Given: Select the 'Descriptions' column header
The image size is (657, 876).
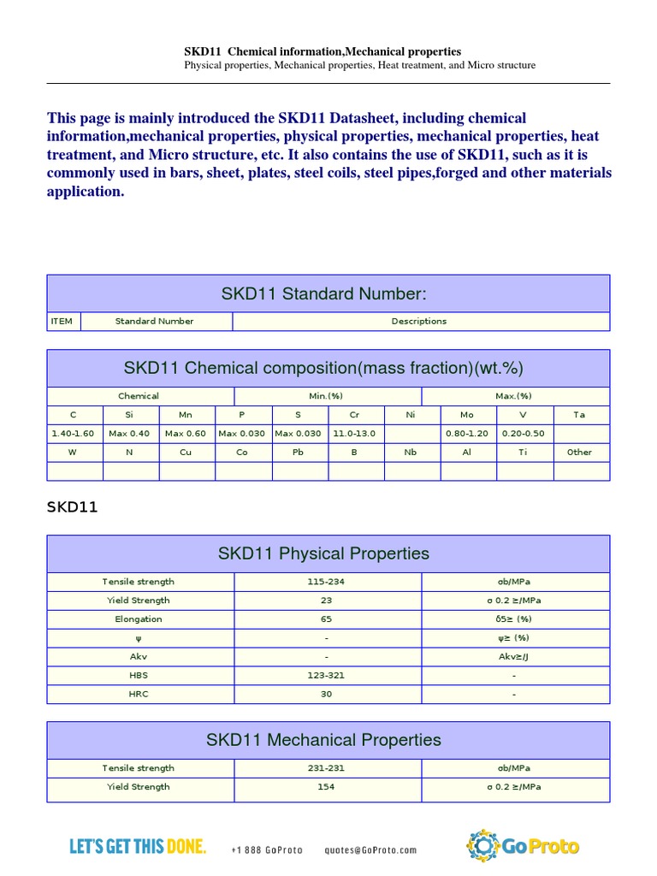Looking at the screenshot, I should click(419, 322).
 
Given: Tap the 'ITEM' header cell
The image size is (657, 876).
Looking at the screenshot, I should click(62, 322).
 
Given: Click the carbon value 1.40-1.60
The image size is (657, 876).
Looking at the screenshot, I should click(74, 434).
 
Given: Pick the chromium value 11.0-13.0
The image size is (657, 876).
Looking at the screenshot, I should click(354, 434).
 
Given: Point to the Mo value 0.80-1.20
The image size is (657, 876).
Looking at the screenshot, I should click(467, 434).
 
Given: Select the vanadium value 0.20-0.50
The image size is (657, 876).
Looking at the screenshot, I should click(523, 434).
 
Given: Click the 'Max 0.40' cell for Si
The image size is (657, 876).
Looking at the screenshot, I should click(130, 434).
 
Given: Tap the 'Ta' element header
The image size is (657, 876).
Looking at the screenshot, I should click(579, 415).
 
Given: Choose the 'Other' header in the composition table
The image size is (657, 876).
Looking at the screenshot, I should click(579, 453).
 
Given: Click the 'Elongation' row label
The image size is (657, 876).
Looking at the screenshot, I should click(139, 619).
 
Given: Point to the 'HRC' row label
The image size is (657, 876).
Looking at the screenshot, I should click(139, 695).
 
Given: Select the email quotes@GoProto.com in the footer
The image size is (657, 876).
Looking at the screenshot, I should click(371, 850).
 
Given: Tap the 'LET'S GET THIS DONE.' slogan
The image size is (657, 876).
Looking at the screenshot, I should click(138, 847).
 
